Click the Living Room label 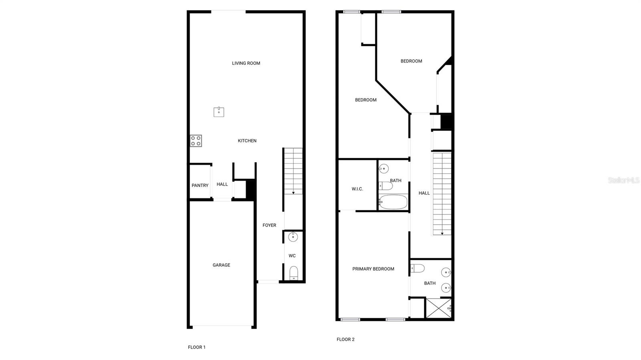tap(246, 63)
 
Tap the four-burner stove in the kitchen tap(196, 141)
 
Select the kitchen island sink tap(219, 112)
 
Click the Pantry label tap(200, 185)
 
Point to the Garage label tap(221, 265)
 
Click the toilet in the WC tap(294, 273)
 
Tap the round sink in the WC tap(293, 237)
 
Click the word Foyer tap(269, 225)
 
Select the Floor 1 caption tap(197, 347)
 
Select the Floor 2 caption tap(345, 340)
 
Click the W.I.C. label tap(357, 189)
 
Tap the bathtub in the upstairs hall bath tap(393, 202)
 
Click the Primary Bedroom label tap(373, 269)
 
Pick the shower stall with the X tap(438, 308)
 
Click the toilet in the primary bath tap(417, 268)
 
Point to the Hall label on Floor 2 tap(424, 193)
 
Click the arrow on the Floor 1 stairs tap(293, 193)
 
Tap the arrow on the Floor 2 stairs tap(442, 233)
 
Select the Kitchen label tap(247, 141)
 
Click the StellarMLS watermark tap(623, 180)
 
